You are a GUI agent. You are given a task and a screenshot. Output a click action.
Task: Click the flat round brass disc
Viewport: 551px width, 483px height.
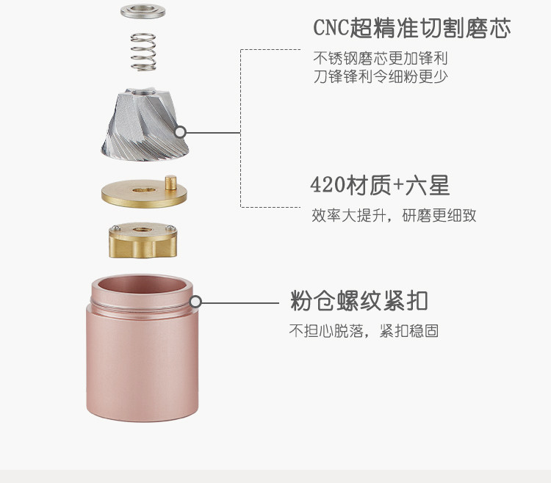pyautogui.click(x=143, y=192)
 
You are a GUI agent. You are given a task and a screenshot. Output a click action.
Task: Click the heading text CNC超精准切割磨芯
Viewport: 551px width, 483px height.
pyautogui.click(x=411, y=29)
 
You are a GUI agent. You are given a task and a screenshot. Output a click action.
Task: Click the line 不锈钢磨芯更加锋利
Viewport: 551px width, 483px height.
pyautogui.click(x=381, y=58)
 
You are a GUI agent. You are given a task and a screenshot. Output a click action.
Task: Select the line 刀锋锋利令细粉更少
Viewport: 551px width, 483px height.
pyautogui.click(x=381, y=76)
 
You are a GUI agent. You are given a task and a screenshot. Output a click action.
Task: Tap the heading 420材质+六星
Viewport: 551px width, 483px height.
pyautogui.click(x=380, y=186)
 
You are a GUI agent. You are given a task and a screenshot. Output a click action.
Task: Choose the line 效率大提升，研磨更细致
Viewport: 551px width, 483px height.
pyautogui.click(x=394, y=216)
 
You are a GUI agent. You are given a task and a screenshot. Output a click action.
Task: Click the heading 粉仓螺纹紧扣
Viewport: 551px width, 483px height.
pyautogui.click(x=359, y=301)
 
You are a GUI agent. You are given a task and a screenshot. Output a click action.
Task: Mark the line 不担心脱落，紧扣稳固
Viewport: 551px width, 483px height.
pyautogui.click(x=364, y=331)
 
